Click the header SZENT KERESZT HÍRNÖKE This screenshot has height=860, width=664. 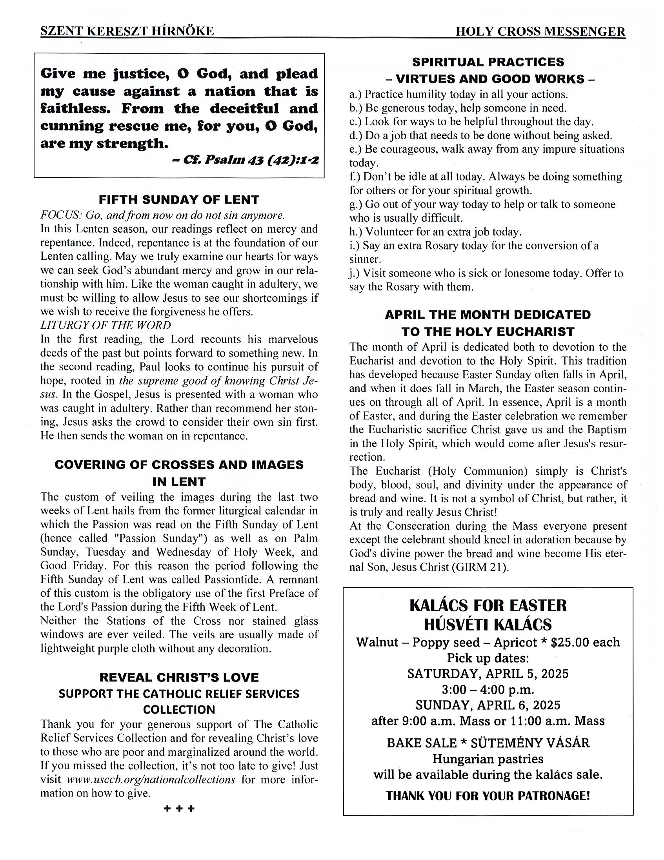[x=127, y=31]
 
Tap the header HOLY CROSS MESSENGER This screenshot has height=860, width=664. [x=540, y=31]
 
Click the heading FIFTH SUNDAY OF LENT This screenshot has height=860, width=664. [x=179, y=200]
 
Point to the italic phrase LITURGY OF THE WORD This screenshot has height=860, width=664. [x=106, y=325]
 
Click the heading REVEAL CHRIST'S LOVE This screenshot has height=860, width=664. [x=179, y=677]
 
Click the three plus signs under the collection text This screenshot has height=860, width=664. [x=179, y=809]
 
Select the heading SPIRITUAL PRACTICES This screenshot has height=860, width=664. [x=488, y=62]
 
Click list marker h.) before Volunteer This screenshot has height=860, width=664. [x=356, y=231]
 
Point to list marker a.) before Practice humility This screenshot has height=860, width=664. [x=356, y=95]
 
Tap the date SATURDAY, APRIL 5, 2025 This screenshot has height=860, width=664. [x=488, y=674]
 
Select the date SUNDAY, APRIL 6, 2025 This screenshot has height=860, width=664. [x=488, y=705]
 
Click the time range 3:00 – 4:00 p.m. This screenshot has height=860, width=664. [x=488, y=689]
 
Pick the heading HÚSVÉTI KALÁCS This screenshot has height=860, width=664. [x=488, y=625]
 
